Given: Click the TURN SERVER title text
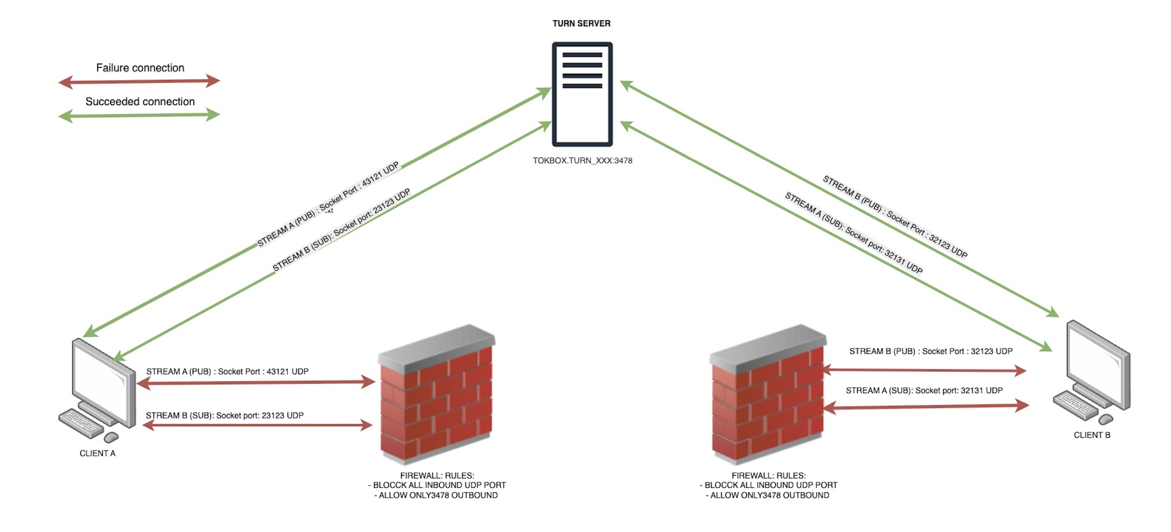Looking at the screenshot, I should coord(581,23).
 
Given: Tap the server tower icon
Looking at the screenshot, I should coord(582,95).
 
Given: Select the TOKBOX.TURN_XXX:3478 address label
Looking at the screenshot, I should coord(582,161).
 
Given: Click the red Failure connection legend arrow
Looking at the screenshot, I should coord(139,82).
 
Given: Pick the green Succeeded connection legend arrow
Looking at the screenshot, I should coord(139,115).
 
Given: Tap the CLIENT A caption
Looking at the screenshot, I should coord(97,454).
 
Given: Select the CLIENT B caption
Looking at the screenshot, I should coord(1092,435).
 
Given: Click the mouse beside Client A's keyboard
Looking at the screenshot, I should coord(111,437).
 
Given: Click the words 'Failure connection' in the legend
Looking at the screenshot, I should coord(140,68).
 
